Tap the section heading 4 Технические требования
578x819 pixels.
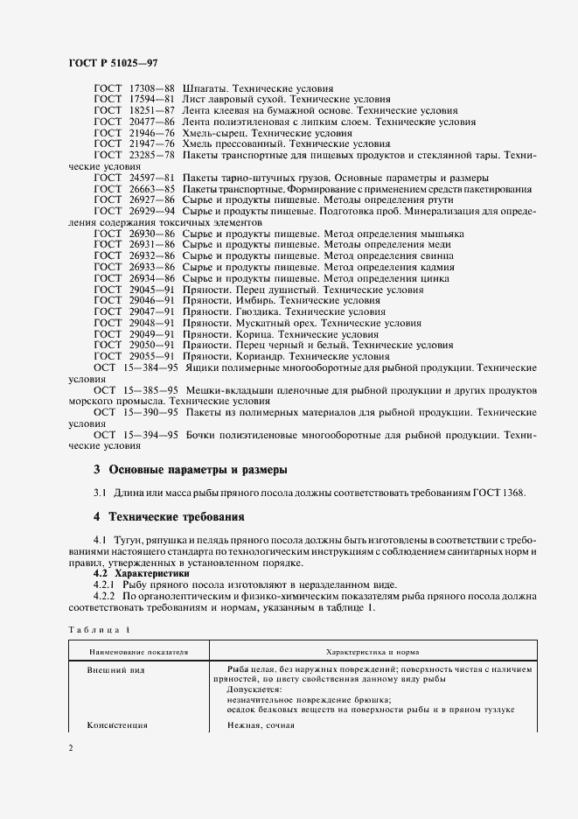tap(169, 516)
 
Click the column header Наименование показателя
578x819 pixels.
tap(138, 653)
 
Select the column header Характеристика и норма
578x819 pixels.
tap(373, 653)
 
